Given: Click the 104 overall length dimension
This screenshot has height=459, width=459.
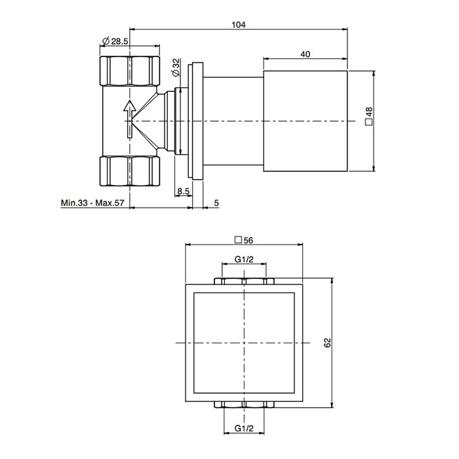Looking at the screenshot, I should tap(238, 24).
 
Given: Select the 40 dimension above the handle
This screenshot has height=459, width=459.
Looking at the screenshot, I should tap(305, 54).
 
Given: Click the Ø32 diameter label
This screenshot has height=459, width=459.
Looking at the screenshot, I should tap(176, 66).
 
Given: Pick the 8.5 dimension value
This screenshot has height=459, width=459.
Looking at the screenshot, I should tap(184, 192).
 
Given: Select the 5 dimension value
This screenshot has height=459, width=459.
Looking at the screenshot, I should tap(216, 203).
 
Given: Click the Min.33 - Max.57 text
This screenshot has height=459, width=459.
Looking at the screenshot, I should tap(92, 203).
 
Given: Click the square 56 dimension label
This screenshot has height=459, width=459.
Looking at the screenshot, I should tap(243, 240).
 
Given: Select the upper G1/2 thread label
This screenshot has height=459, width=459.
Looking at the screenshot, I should tap(245, 260).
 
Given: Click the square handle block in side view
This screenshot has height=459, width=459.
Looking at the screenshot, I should tap(305, 121).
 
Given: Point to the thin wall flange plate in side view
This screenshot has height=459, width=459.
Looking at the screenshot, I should tap(195, 121).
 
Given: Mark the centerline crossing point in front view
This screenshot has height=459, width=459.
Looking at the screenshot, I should tap(244, 343).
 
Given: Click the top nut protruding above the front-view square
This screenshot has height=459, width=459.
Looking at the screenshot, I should tap(244, 281).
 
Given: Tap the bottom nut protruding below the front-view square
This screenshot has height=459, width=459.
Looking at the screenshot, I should tap(244, 404).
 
